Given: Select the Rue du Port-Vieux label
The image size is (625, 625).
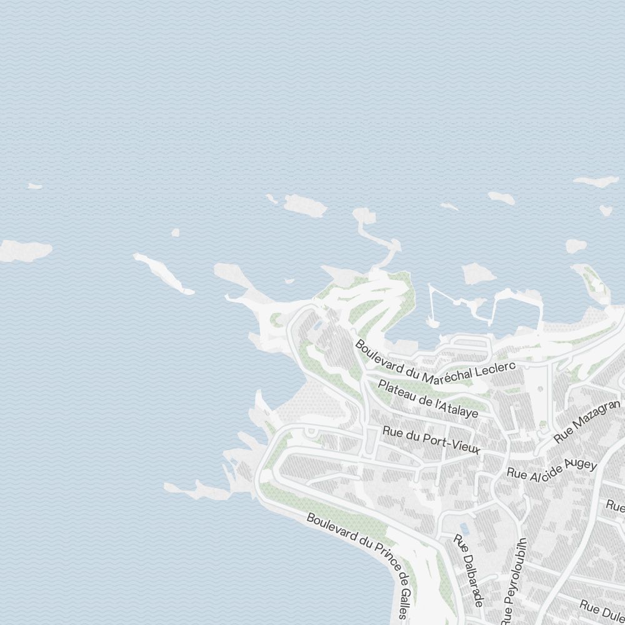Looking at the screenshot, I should [431, 440].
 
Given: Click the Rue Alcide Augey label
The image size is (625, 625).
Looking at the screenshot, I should [552, 468].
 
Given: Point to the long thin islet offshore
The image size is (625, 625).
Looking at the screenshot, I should [164, 273].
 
